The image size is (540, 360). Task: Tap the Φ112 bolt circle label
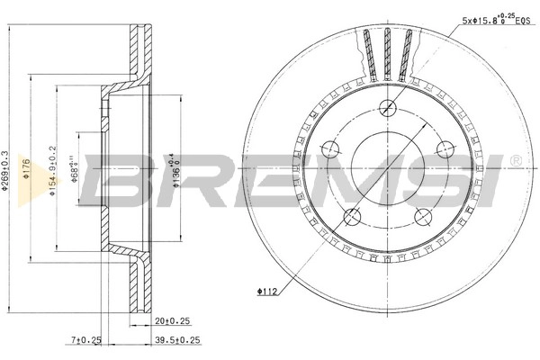pos(265,291)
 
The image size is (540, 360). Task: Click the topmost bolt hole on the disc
pos(388,105)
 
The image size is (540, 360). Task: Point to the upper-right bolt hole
pos(445,148)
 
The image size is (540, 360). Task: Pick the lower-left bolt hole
pos(353,216)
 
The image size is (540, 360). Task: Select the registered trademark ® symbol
pos(514,160)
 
